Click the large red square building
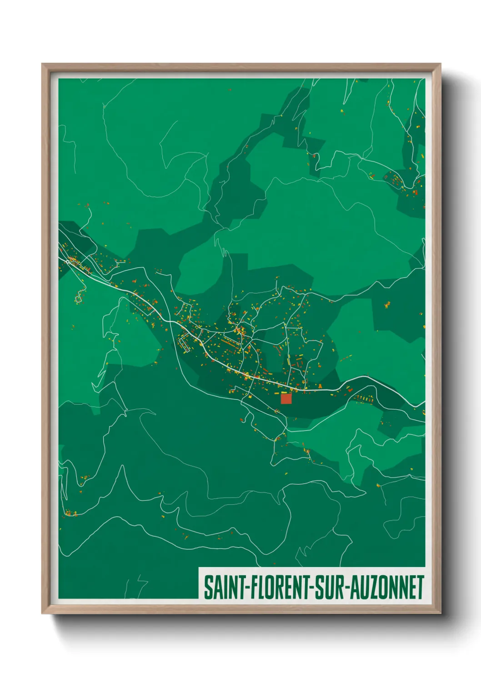286,399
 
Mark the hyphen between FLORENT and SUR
311,588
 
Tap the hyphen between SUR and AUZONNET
346,588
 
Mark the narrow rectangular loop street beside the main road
185,343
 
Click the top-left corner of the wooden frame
43,64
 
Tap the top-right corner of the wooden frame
440,64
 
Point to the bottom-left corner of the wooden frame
43,613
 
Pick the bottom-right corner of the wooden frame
440,613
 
